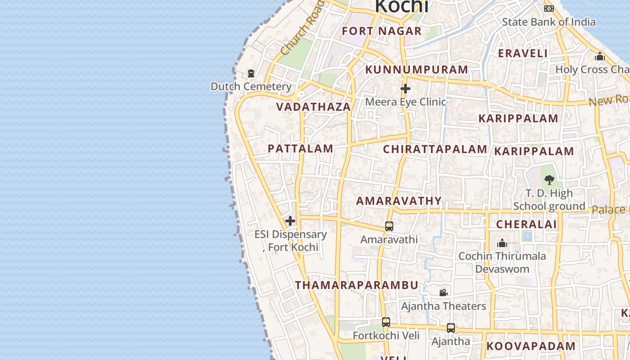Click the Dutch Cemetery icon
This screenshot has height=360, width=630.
pyautogui.click(x=251, y=73)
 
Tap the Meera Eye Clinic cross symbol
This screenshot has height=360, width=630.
pyautogui.click(x=405, y=89)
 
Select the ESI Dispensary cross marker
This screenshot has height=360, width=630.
pyautogui.click(x=290, y=221)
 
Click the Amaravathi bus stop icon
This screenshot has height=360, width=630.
pyautogui.click(x=389, y=226)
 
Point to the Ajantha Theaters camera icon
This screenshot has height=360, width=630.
pyautogui.click(x=443, y=293)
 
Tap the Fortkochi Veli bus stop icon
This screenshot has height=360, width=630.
pyautogui.click(x=386, y=322)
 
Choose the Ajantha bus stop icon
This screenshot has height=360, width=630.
pyautogui.click(x=451, y=328)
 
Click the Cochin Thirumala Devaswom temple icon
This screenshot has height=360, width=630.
pyautogui.click(x=502, y=243)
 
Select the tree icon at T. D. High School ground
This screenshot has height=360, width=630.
pyautogui.click(x=549, y=180)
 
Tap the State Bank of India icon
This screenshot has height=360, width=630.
pyautogui.click(x=549, y=9)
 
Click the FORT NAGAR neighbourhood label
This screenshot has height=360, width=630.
pyautogui.click(x=382, y=31)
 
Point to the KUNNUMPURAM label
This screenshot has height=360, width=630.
pyautogui.click(x=417, y=70)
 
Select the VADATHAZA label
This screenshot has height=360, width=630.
pyautogui.click(x=313, y=107)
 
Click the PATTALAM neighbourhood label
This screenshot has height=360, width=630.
pyautogui.click(x=301, y=148)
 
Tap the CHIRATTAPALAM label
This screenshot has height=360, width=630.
pyautogui.click(x=435, y=149)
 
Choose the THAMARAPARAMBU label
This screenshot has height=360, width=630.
pyautogui.click(x=357, y=285)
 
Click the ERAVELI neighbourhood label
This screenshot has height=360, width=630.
pyautogui.click(x=523, y=53)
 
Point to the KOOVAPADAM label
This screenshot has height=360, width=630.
pyautogui.click(x=531, y=346)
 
